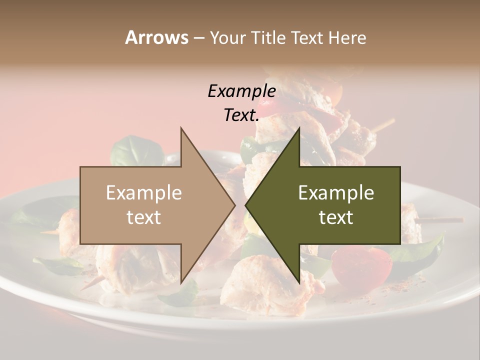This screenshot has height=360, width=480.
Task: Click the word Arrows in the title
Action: [x=156, y=37]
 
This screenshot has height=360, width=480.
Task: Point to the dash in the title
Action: [x=198, y=38]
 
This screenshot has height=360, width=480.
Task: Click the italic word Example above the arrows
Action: [x=241, y=91]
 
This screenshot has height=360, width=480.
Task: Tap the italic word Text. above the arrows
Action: [x=241, y=115]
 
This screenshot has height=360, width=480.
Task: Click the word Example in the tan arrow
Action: [x=144, y=193]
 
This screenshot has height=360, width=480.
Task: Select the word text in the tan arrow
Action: [x=144, y=217]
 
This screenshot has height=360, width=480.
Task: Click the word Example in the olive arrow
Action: [x=336, y=193]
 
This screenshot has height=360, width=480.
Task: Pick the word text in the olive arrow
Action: [x=336, y=217]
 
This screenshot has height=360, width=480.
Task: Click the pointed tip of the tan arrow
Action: [x=234, y=205]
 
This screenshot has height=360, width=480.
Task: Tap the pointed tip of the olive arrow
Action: [x=245, y=205]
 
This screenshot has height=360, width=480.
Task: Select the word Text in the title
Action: [x=309, y=38]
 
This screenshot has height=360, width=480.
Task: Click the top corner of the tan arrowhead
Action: [x=181, y=128]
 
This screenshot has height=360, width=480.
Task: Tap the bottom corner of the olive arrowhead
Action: [x=299, y=283]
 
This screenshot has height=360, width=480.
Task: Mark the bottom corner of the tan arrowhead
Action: [x=181, y=283]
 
